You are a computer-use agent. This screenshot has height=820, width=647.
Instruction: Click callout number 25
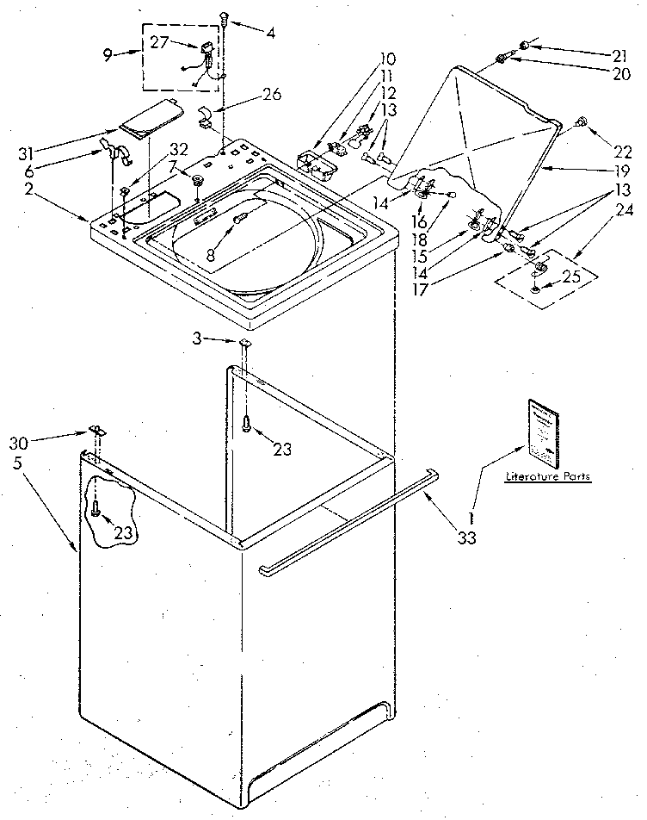[x=570, y=276]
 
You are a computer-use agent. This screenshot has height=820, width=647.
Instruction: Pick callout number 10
[x=388, y=59]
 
